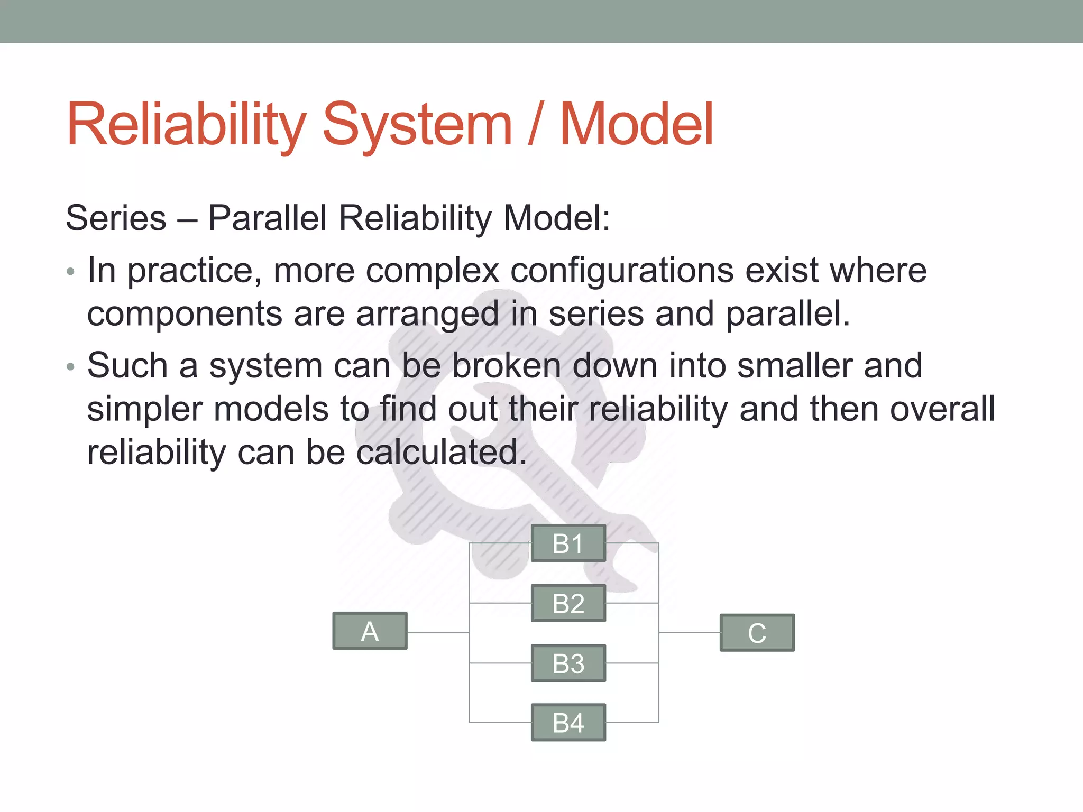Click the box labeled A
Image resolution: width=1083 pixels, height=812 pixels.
coord(370,631)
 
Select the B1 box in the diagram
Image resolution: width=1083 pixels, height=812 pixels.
coord(568,543)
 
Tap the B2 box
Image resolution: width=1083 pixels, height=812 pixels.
coord(568,603)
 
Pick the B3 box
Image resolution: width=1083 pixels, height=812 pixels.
coord(568,663)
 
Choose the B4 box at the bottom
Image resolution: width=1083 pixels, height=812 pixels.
coord(568,723)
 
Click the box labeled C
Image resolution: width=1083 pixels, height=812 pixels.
coord(757,633)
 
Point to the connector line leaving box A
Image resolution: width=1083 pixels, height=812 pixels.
coord(438,632)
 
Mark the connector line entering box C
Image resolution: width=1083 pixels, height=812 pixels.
coord(690,632)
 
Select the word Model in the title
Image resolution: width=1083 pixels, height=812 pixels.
coord(636,125)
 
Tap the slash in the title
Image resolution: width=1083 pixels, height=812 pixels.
coord(535,125)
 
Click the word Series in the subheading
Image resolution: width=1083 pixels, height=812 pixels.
coord(116,218)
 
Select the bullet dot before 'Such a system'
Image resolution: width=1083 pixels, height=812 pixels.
coord(71,367)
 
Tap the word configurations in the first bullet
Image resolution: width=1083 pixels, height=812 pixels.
coord(621,271)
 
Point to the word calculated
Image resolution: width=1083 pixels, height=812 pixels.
coord(442,453)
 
